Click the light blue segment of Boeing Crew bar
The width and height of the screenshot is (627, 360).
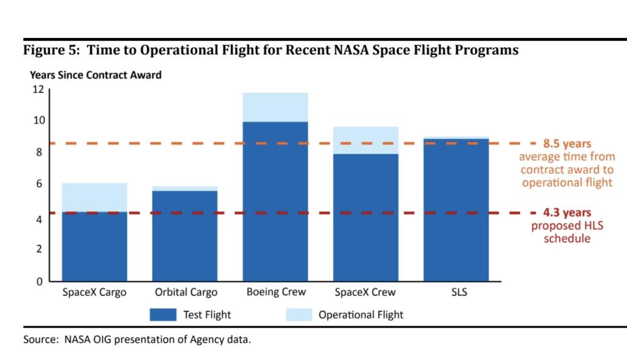[276, 107]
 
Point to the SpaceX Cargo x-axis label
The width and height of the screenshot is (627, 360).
[94, 292]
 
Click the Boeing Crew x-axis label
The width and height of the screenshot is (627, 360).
[276, 292]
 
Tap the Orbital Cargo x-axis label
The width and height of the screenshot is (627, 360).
[186, 292]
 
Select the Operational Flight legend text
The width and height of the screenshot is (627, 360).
[361, 315]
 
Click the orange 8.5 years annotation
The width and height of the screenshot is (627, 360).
[567, 144]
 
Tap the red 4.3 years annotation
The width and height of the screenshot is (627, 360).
[567, 213]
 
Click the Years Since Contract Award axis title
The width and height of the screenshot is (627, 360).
[96, 75]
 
